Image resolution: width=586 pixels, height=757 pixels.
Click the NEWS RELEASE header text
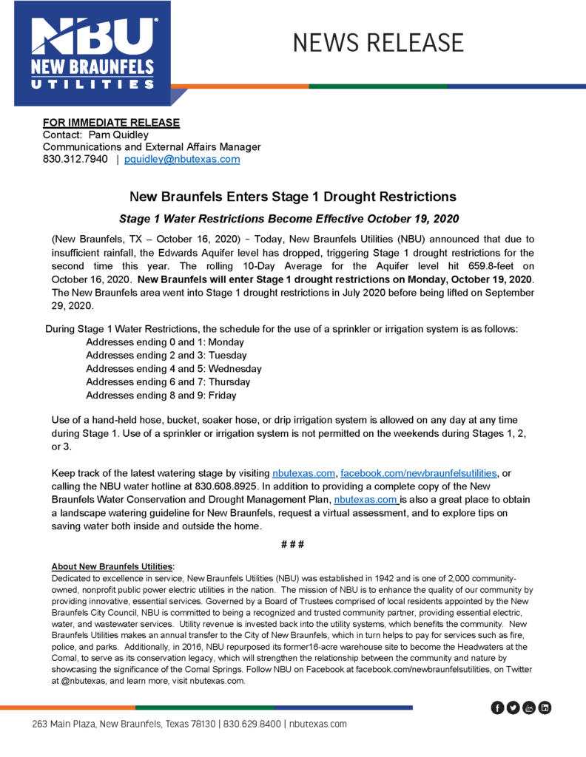pos(378,42)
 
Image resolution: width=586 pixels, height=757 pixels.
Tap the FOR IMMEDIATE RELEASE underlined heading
pos(111,122)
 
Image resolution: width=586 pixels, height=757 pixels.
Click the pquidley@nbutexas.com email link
pos(182,159)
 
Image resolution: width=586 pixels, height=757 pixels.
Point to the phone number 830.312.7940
pos(75,159)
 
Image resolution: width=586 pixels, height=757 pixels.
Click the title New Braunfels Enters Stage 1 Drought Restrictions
pos(293,197)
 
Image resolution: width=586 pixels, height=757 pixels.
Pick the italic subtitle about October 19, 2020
pos(289,219)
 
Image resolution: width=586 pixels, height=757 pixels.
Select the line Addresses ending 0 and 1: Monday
pos(165,342)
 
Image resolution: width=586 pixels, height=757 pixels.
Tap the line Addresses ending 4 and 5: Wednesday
pos(174,369)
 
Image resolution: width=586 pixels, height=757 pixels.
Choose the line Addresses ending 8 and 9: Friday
pos(161,396)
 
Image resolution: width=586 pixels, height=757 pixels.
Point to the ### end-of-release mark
pos(293,545)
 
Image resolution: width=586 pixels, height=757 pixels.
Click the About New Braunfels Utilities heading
pos(112,567)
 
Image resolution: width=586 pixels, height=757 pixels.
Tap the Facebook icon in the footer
pos(498,708)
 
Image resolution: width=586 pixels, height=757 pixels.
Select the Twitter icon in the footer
pos(513,708)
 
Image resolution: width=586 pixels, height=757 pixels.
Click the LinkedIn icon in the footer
pos(545,708)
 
